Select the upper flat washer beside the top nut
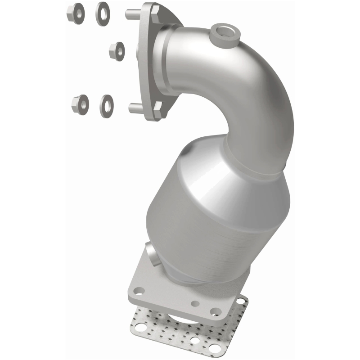[x=102, y=13]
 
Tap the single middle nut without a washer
[x=117, y=51]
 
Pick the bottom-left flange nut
[x=80, y=105]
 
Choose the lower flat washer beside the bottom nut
[x=107, y=104]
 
